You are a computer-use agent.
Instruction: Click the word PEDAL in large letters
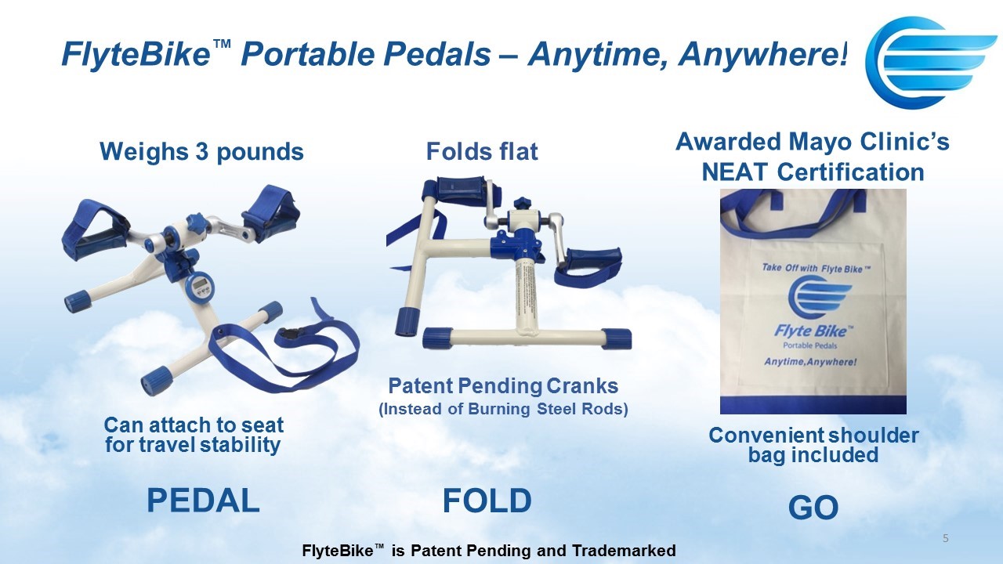coord(203,501)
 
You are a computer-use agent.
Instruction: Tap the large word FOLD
coord(487,501)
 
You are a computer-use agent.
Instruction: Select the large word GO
coord(813,508)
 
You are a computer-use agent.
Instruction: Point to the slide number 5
coord(945,538)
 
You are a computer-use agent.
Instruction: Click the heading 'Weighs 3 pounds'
coord(201,151)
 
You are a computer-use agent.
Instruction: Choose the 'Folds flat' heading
coord(482,151)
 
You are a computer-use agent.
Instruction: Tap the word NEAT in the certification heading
coord(735,172)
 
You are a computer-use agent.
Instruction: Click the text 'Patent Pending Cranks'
coord(503,386)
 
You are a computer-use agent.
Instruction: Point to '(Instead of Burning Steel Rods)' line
coord(503,409)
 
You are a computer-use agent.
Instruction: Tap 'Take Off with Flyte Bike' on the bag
coord(817,269)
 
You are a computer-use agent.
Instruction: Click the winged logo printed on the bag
coord(820,298)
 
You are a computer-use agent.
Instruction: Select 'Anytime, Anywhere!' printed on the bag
coord(810,362)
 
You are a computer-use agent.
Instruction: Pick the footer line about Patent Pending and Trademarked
coord(489,550)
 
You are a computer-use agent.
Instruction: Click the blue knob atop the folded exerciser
coord(522,204)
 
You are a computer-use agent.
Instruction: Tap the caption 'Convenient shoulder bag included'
coord(813,445)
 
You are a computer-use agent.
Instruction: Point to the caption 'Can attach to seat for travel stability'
coord(194,435)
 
